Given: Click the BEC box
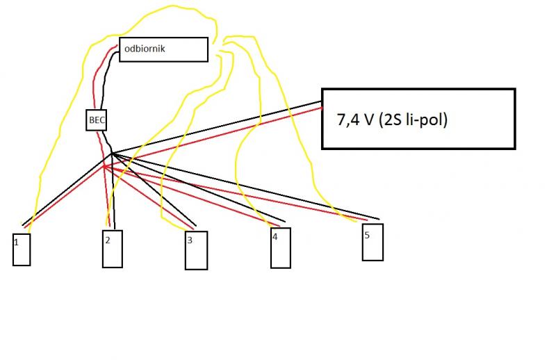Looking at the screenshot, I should point(97,120).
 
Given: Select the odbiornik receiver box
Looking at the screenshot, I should point(163,49).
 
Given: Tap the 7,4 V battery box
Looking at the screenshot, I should point(418,118).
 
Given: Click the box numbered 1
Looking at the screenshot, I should point(22,249).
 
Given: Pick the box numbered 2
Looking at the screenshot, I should point(112,248).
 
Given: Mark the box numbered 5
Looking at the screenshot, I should point(373,241).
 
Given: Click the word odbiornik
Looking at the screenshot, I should point(145,49).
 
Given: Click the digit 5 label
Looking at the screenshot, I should point(367,235).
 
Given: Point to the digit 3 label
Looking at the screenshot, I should point(190,240).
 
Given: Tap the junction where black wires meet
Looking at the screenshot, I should point(111,153).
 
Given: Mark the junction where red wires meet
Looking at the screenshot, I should point(104,167).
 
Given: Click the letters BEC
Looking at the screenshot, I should point(97,120).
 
